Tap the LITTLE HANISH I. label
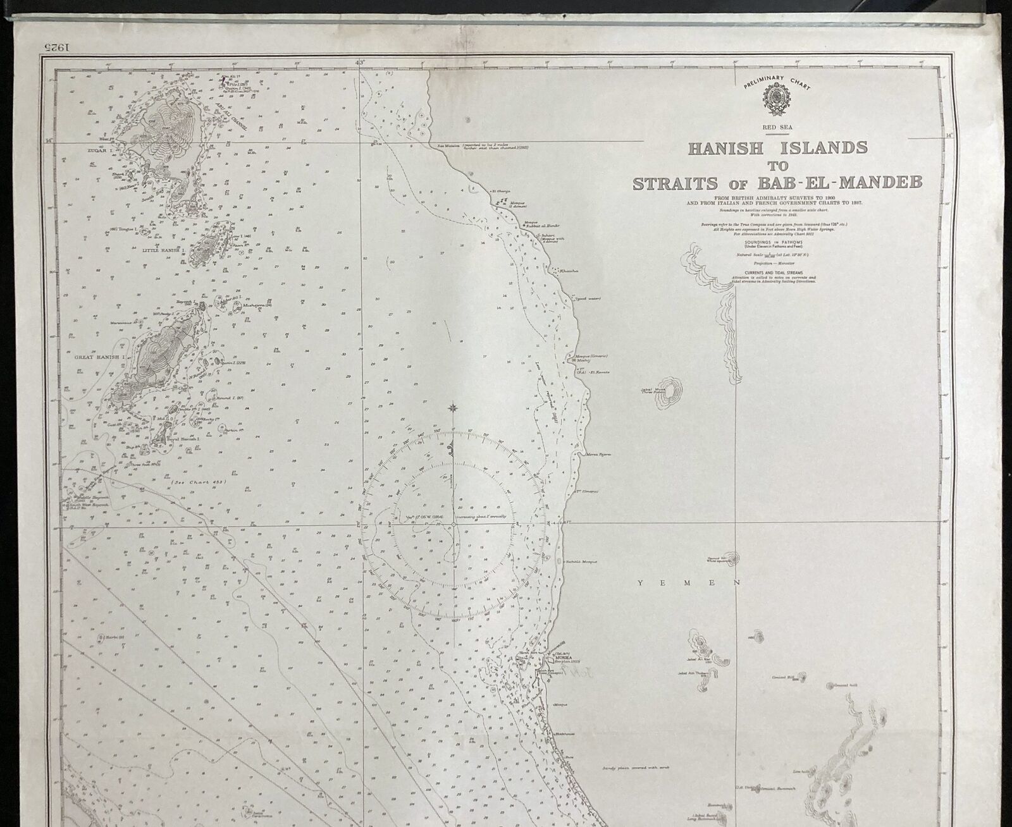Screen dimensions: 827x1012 click(164, 250)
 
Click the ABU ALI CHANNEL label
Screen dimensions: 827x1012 click(229, 118)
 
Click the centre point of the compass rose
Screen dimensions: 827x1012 click(454, 524)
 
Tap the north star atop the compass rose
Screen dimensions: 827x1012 click(454, 408)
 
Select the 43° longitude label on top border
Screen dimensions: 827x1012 click(361, 63)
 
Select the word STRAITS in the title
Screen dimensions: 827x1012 click(674, 184)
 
